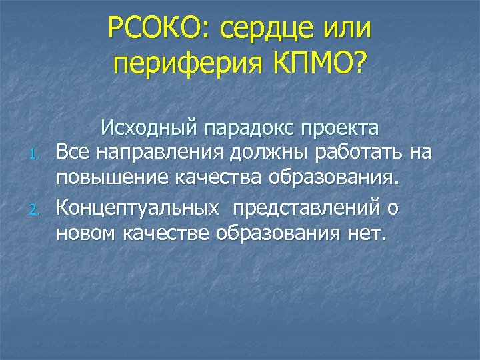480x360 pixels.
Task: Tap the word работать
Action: tap(359, 153)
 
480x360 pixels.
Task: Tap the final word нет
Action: tap(369, 235)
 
